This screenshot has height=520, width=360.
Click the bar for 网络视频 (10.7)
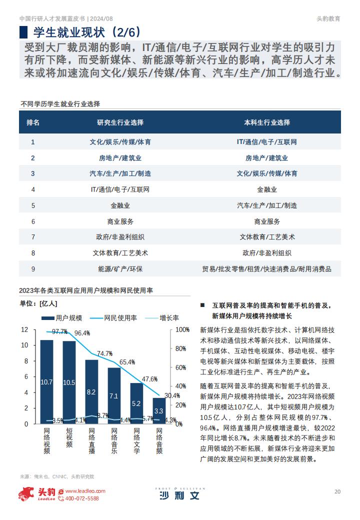[46, 381]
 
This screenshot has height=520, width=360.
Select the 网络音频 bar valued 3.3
[159, 411]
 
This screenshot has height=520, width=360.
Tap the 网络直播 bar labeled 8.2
[92, 391]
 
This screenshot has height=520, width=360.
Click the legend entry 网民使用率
[113, 318]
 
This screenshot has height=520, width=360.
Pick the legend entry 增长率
[162, 318]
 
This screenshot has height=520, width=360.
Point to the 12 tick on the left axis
[25, 329]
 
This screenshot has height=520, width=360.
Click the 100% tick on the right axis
[182, 329]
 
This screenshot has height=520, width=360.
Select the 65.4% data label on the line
[127, 362]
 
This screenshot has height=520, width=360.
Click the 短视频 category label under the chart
[69, 437]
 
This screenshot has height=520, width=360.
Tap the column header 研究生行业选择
[120, 122]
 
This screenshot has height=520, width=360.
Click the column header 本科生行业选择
[267, 122]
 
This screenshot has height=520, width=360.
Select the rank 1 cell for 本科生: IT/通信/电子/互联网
[267, 142]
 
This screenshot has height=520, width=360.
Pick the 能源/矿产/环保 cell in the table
[120, 269]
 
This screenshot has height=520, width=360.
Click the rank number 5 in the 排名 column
[33, 205]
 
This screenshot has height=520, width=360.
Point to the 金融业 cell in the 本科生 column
[267, 189]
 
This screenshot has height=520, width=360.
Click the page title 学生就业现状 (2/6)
[87, 32]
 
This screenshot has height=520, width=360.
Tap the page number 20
[337, 491]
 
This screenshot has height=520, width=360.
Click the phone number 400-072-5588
[82, 498]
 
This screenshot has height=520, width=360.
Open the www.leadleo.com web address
[85, 491]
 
